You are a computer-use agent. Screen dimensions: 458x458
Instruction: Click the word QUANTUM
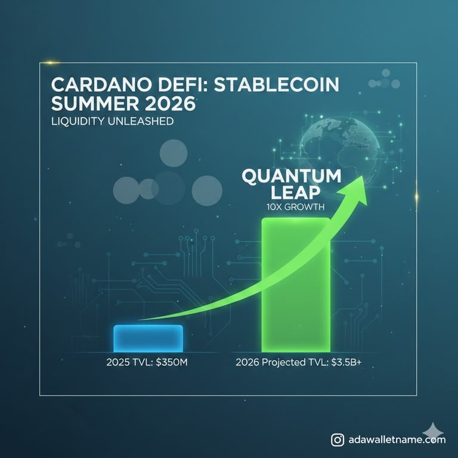(291, 177)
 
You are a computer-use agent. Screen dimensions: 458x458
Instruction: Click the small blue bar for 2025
(148, 338)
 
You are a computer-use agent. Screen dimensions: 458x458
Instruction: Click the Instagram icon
(338, 440)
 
